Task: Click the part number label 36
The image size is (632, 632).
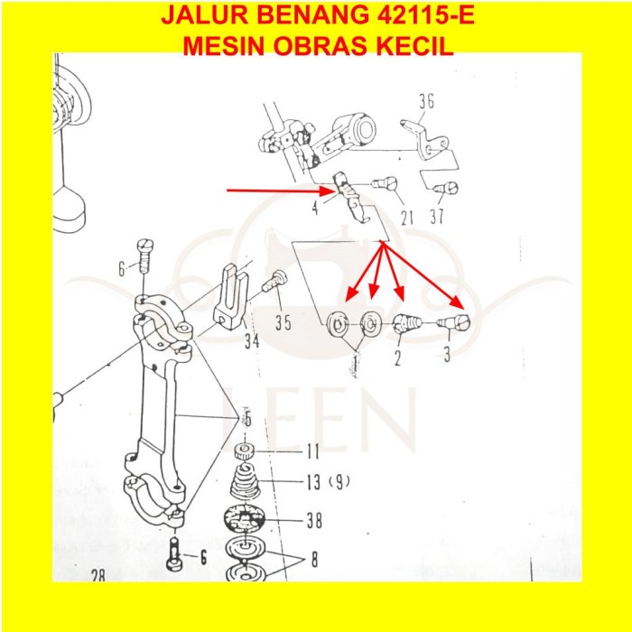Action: tap(426, 102)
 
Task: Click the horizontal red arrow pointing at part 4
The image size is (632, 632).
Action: tap(275, 191)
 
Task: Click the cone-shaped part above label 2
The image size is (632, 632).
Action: tap(402, 322)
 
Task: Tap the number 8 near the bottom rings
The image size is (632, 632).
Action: tap(313, 559)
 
